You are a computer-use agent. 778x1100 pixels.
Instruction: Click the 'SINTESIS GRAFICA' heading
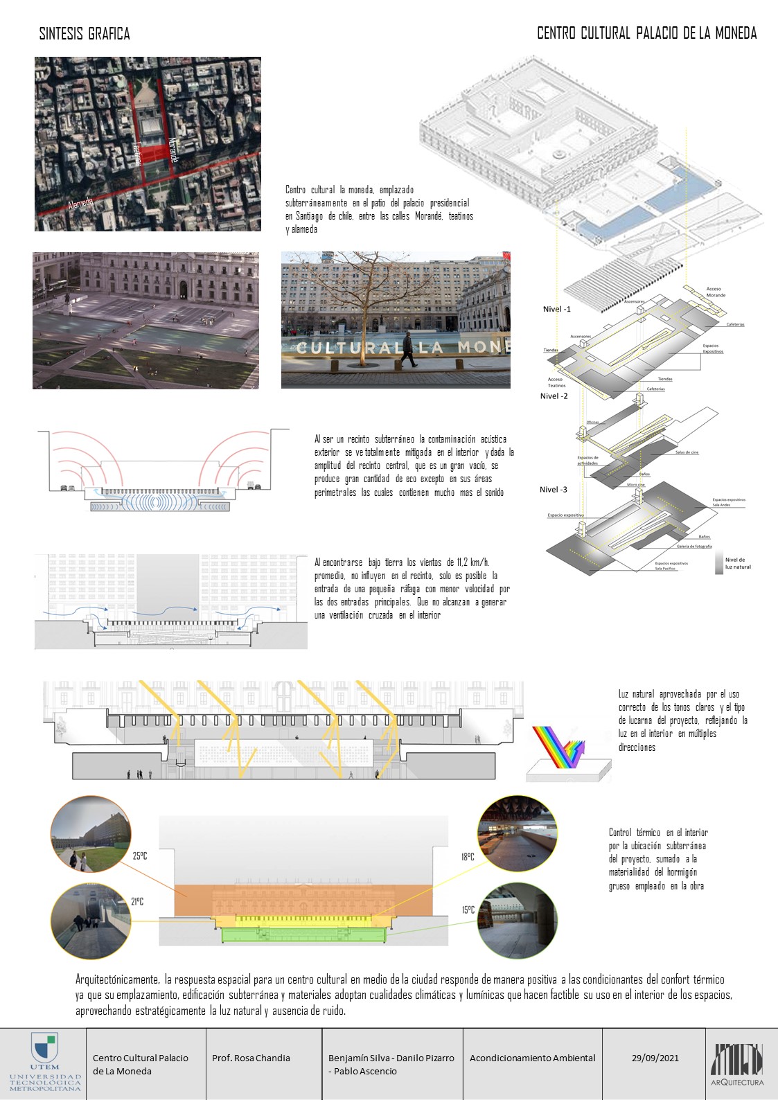[85, 33]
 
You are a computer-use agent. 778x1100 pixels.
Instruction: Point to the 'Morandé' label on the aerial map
[173, 150]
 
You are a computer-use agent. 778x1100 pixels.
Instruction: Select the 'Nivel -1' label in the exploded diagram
[557, 309]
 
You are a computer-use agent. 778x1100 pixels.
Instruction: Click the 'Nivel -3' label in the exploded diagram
[554, 490]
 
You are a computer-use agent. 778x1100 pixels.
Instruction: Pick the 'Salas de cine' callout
[687, 452]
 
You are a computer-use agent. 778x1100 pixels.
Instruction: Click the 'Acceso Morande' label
[715, 292]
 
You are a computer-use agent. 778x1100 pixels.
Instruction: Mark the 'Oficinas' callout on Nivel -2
[592, 422]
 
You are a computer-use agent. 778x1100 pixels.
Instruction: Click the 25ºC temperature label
[140, 856]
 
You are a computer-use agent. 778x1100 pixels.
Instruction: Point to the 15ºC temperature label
[468, 910]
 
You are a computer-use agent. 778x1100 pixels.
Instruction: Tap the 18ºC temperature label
[468, 857]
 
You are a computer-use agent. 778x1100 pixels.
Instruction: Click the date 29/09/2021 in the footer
[655, 1058]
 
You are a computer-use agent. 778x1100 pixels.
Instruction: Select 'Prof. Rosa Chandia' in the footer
[251, 1058]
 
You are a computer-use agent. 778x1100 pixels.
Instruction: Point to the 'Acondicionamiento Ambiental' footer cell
[532, 1058]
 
